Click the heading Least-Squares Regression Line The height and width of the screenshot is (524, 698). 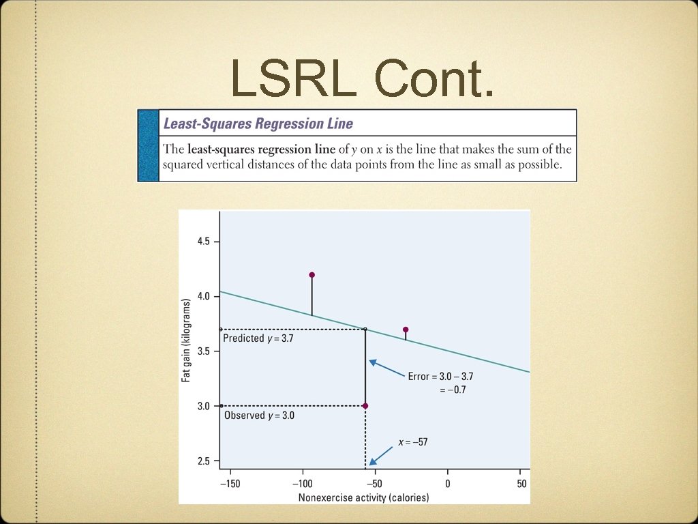click(x=258, y=123)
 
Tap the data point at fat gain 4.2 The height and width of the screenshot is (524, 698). click(x=312, y=275)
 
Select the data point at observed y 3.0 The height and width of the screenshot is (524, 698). click(x=365, y=406)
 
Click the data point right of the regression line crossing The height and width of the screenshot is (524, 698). click(x=406, y=330)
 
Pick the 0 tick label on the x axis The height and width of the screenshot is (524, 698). click(x=447, y=483)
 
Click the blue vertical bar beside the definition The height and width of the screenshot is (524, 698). click(x=148, y=145)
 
